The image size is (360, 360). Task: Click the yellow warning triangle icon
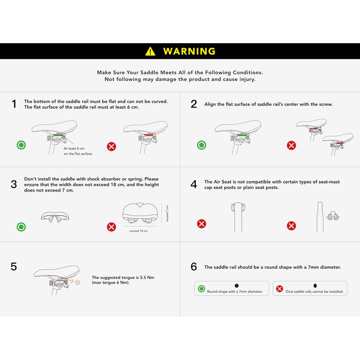150,51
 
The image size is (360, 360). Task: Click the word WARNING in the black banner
189,51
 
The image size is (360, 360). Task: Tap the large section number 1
14,104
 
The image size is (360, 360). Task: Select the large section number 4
194,184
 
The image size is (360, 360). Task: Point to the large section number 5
14,266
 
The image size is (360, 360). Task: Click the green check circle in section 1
21,145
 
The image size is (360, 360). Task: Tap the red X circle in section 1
111,146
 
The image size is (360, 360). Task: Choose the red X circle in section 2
291,145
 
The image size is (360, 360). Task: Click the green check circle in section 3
21,227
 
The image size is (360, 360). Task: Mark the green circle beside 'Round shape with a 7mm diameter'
201,288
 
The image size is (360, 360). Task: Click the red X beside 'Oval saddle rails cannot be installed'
279,288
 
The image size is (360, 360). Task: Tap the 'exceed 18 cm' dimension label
139,231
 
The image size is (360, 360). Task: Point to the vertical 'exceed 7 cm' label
167,213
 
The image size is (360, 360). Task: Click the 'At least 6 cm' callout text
74,148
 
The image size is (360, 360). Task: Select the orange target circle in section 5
77,282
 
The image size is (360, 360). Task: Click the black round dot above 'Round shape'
237,286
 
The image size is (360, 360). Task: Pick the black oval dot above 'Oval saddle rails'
315,286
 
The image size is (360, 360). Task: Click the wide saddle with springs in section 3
140,213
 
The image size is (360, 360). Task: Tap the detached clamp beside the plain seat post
333,216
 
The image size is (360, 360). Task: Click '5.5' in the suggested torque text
143,277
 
